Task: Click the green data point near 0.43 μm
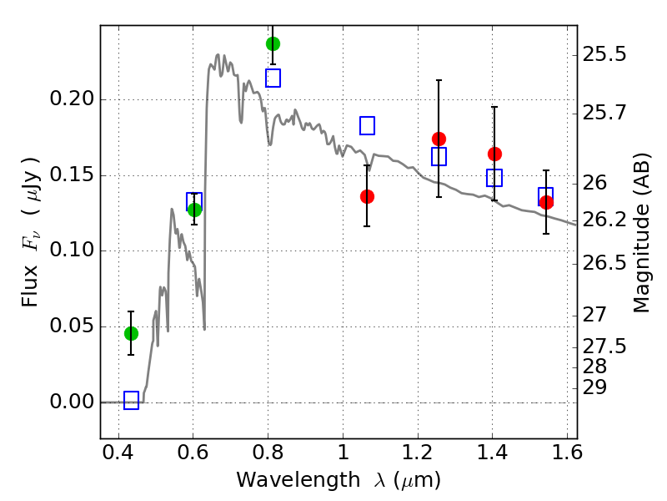[x=131, y=333]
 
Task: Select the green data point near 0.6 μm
[x=194, y=210]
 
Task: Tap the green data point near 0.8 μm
[x=273, y=43]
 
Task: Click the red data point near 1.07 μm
[x=367, y=196]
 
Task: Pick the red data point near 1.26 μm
[x=439, y=139]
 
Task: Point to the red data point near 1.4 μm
[x=494, y=154]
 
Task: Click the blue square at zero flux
[x=131, y=401]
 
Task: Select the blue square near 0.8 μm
[x=273, y=78]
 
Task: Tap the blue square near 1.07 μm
[x=367, y=126]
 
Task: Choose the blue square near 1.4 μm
[x=494, y=178]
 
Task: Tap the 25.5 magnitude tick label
[x=606, y=55]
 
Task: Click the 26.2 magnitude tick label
[x=606, y=220]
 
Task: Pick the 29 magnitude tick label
[x=595, y=387]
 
